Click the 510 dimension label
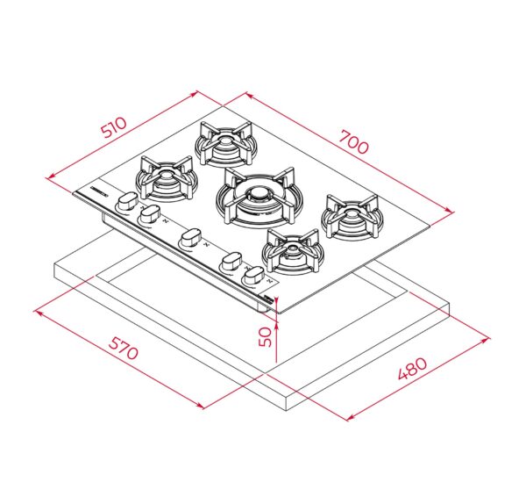tap(115, 127)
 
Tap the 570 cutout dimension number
tap(123, 349)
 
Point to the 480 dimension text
tap(412, 368)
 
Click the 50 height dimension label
tap(265, 336)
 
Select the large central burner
tap(259, 198)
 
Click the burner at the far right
tap(352, 216)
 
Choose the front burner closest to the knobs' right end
tap(293, 251)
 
